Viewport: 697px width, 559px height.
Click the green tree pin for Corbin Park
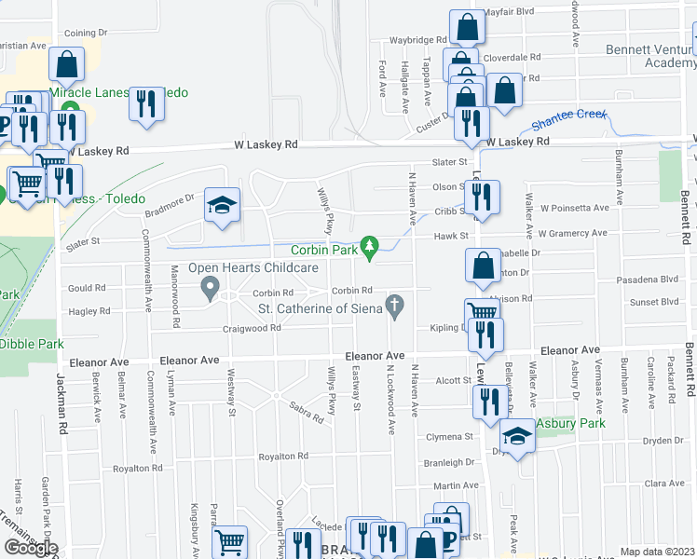[x=371, y=245]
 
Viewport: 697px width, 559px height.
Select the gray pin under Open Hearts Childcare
[x=210, y=286]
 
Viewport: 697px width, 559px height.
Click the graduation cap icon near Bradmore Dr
[x=222, y=208]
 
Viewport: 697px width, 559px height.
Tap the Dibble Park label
[x=32, y=344]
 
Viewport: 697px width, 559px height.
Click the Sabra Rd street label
[x=306, y=412]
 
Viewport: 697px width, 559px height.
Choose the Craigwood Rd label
[x=252, y=328]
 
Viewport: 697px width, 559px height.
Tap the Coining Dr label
[x=88, y=33]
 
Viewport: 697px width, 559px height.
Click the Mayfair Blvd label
[x=509, y=11]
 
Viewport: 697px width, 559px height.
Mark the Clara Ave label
[x=663, y=484]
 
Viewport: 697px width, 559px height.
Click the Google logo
[x=30, y=548]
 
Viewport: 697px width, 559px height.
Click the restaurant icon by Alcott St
[x=485, y=401]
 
